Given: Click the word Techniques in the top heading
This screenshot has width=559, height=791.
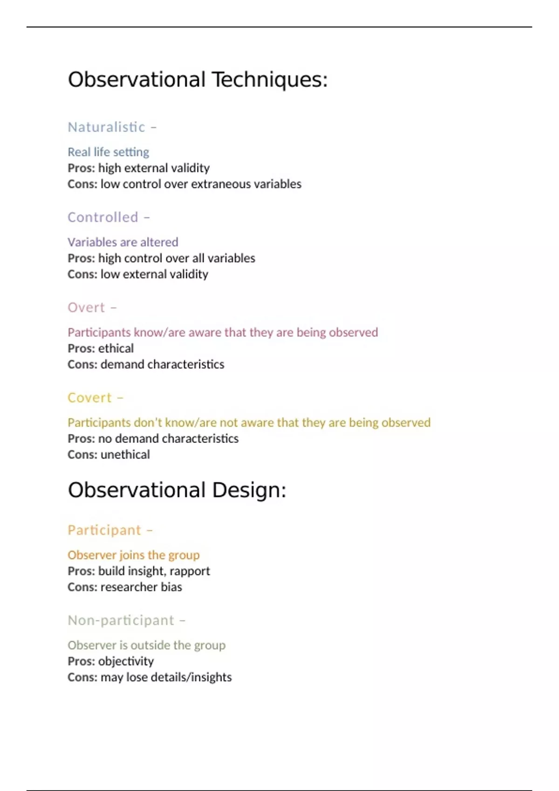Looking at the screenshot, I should pos(270,80).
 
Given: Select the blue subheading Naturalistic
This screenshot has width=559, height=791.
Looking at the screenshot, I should pos(107,127).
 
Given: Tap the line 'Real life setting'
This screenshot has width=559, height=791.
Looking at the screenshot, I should pos(109,152).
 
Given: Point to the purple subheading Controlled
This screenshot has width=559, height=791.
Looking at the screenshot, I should pos(103,217).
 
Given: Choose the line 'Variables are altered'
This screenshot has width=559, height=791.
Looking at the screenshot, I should pos(123,242).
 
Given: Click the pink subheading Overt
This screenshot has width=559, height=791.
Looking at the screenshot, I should pos(87,308).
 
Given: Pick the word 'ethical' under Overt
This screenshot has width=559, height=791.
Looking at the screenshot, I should pos(116,349).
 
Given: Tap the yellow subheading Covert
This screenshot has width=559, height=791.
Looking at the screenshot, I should pos(90,398).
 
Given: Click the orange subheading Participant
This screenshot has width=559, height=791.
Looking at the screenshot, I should pos(104,530).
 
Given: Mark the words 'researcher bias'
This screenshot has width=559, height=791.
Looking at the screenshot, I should pos(141,587).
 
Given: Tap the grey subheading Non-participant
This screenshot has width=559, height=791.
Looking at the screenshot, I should pos(121,621).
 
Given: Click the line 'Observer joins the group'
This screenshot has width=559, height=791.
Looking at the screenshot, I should pos(134,555).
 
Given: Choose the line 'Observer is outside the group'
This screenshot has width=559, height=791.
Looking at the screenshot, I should pos(147,645).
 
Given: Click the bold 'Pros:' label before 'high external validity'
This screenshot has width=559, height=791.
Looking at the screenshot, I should pos(81,168).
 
